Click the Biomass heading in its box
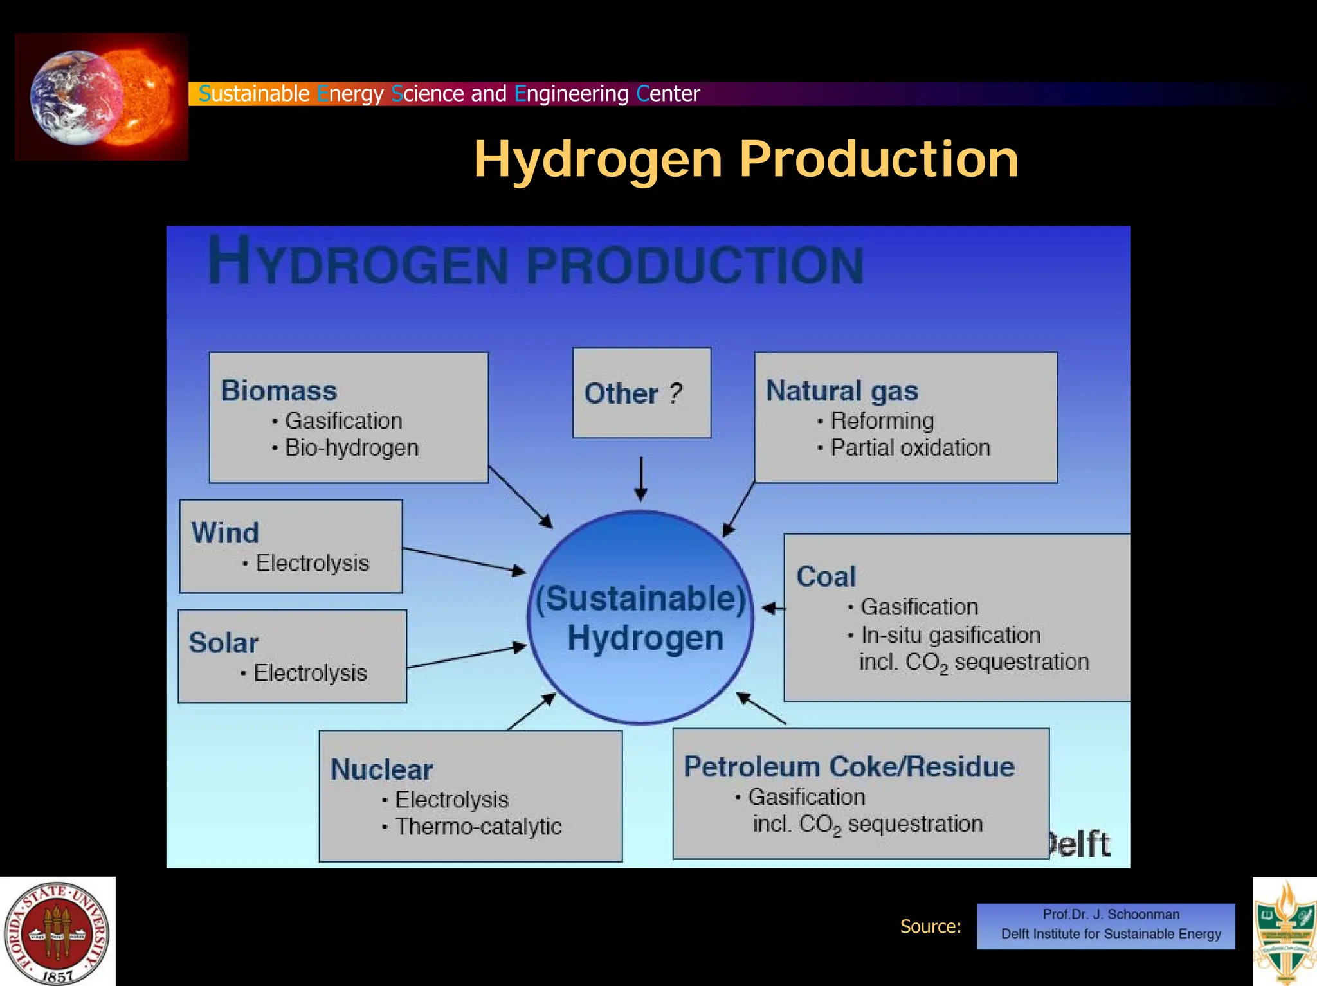point(278,391)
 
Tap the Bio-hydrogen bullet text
point(351,447)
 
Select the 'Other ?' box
point(641,393)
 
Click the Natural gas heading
point(841,391)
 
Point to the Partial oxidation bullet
point(909,447)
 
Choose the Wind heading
point(225,533)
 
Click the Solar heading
point(223,643)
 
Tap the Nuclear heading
point(381,769)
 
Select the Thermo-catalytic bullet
point(478,826)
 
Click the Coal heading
point(826,577)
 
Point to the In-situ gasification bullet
point(950,635)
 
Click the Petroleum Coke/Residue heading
point(849,767)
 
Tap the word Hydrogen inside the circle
point(645,638)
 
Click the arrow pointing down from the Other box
point(640,479)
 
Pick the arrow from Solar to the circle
point(466,657)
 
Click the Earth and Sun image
point(102,97)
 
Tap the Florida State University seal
point(57,932)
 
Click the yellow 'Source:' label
point(930,926)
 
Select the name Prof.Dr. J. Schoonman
point(1111,914)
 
